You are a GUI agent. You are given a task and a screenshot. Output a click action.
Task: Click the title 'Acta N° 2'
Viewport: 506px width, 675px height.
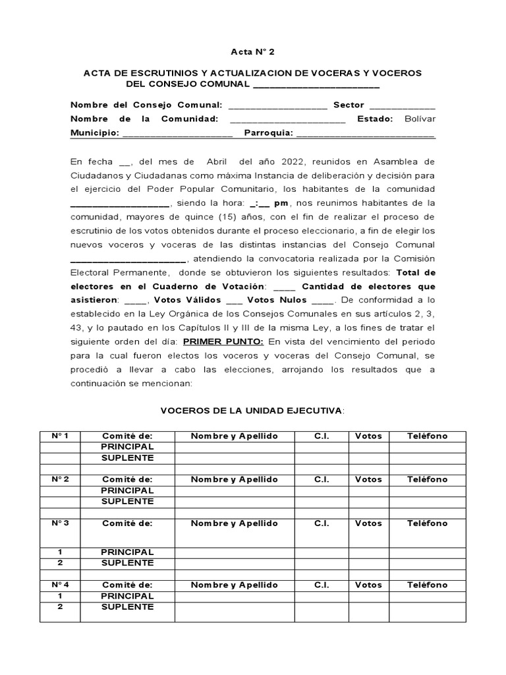click(x=252, y=51)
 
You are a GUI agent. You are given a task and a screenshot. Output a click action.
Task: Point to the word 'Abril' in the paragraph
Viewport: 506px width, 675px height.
click(x=216, y=161)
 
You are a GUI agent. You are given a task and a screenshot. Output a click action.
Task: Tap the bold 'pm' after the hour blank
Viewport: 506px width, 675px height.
click(x=282, y=202)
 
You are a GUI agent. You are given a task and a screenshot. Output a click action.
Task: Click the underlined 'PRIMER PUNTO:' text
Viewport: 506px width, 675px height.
click(x=223, y=341)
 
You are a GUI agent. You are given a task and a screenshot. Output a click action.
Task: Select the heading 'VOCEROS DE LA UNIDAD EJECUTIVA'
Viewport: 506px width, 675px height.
click(x=252, y=411)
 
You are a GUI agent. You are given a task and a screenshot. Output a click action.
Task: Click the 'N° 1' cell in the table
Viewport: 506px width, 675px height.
click(x=60, y=436)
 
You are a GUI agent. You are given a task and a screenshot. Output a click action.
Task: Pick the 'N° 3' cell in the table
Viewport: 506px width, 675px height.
click(x=60, y=523)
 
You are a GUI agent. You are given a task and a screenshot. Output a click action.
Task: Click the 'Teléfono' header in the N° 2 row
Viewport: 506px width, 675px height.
click(x=427, y=479)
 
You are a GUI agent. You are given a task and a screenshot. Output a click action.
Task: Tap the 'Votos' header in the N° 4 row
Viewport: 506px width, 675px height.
click(x=368, y=585)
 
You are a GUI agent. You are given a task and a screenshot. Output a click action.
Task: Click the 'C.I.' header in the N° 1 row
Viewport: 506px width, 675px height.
click(x=322, y=436)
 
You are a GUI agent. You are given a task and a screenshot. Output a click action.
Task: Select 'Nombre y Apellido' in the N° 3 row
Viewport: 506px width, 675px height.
click(x=234, y=523)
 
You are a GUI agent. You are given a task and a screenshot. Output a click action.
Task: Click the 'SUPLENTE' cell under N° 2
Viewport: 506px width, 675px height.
click(x=127, y=501)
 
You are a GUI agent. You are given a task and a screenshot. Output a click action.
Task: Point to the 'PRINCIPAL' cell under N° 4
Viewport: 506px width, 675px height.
click(x=127, y=596)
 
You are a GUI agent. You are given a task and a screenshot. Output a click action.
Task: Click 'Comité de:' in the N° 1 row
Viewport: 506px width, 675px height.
click(x=127, y=436)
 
